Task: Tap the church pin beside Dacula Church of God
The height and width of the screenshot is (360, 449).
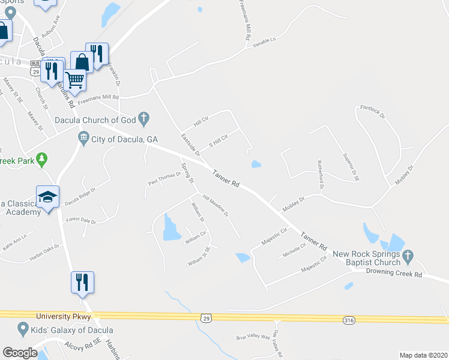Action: (143, 119)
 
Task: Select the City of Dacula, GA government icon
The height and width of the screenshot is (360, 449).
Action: (84, 140)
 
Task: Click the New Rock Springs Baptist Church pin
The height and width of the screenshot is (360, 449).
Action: (408, 257)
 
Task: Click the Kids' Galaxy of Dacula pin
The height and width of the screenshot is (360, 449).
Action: (23, 329)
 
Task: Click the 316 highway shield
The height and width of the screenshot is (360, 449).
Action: (349, 320)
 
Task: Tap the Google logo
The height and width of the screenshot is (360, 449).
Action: (20, 353)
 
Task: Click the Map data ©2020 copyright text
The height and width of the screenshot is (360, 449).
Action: (423, 355)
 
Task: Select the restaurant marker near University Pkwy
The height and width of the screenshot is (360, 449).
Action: (82, 281)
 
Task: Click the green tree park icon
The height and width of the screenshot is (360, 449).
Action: (41, 160)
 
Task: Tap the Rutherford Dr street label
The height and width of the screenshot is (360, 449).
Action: (321, 175)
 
